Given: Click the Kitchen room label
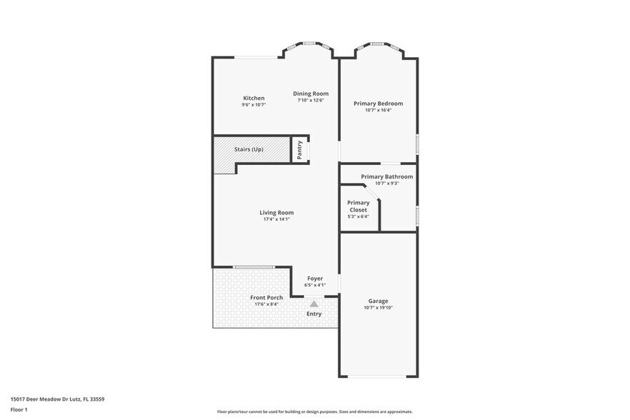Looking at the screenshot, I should click(x=254, y=98).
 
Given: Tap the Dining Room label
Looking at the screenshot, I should click(x=311, y=94).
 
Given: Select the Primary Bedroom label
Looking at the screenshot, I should click(x=378, y=104).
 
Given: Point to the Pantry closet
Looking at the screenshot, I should click(x=300, y=150).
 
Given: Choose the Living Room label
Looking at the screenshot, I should click(x=276, y=212).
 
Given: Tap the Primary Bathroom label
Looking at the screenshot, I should click(x=386, y=176).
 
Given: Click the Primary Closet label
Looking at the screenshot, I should click(x=358, y=206).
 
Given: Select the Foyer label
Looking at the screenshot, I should click(x=315, y=279).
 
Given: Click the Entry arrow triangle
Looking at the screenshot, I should click(x=314, y=304).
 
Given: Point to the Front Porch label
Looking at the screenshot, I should click(x=266, y=297).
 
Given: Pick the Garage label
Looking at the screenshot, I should click(x=378, y=301).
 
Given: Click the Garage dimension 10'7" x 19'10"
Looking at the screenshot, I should click(x=378, y=308).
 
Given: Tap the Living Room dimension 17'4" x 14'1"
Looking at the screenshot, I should click(x=276, y=219).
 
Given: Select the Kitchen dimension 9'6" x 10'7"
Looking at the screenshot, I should click(x=254, y=105).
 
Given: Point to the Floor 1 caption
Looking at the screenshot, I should click(x=19, y=409).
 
